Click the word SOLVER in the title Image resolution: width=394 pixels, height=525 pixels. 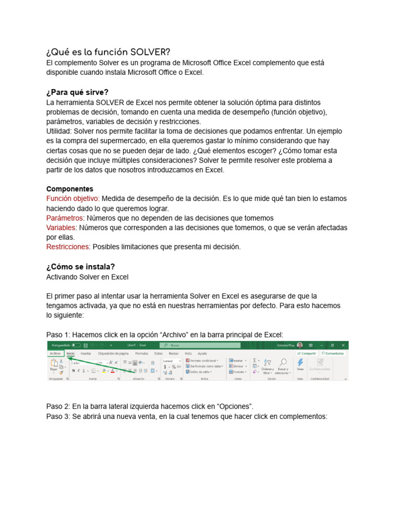[x=150, y=52]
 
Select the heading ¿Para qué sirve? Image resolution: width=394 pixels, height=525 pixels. [x=77, y=92]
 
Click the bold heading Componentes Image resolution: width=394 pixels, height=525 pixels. [x=70, y=189]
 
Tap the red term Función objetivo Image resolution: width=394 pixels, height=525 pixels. [x=73, y=198]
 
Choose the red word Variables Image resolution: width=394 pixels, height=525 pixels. [x=61, y=227]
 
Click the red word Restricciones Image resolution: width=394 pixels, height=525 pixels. [x=68, y=247]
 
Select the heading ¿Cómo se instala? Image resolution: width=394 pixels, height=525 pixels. [x=81, y=267]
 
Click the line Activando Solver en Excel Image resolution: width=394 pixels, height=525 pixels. [x=87, y=277]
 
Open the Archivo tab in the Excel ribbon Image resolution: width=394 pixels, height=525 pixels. [x=55, y=353]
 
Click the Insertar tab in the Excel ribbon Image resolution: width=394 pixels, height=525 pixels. [x=86, y=353]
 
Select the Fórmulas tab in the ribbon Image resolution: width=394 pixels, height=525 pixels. [x=141, y=353]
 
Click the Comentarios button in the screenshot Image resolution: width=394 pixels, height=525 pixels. [x=333, y=353]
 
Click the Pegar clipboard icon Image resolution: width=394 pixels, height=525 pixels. [x=53, y=366]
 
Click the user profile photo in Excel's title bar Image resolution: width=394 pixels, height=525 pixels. [x=300, y=346]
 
